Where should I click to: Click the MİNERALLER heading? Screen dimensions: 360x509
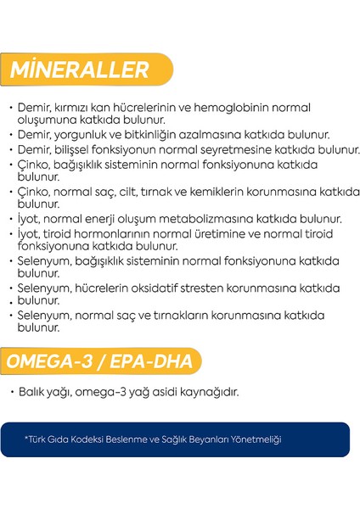pyautogui.click(x=80, y=70)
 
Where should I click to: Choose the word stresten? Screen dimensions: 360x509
pyautogui.click(x=219, y=288)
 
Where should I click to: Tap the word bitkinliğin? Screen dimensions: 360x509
pyautogui.click(x=149, y=134)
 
